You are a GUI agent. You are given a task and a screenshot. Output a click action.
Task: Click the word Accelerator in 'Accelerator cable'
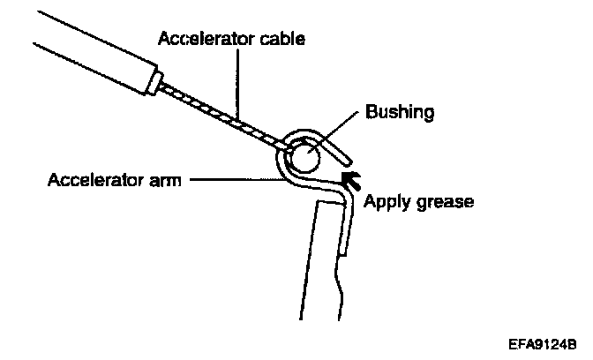[x=197, y=39]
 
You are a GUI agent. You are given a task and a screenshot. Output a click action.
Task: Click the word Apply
[x=387, y=201]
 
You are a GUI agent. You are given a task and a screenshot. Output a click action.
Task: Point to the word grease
[x=445, y=202]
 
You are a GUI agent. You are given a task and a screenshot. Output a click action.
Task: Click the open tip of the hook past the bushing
[x=347, y=161]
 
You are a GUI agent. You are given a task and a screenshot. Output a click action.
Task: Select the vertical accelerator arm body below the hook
[x=322, y=256]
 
